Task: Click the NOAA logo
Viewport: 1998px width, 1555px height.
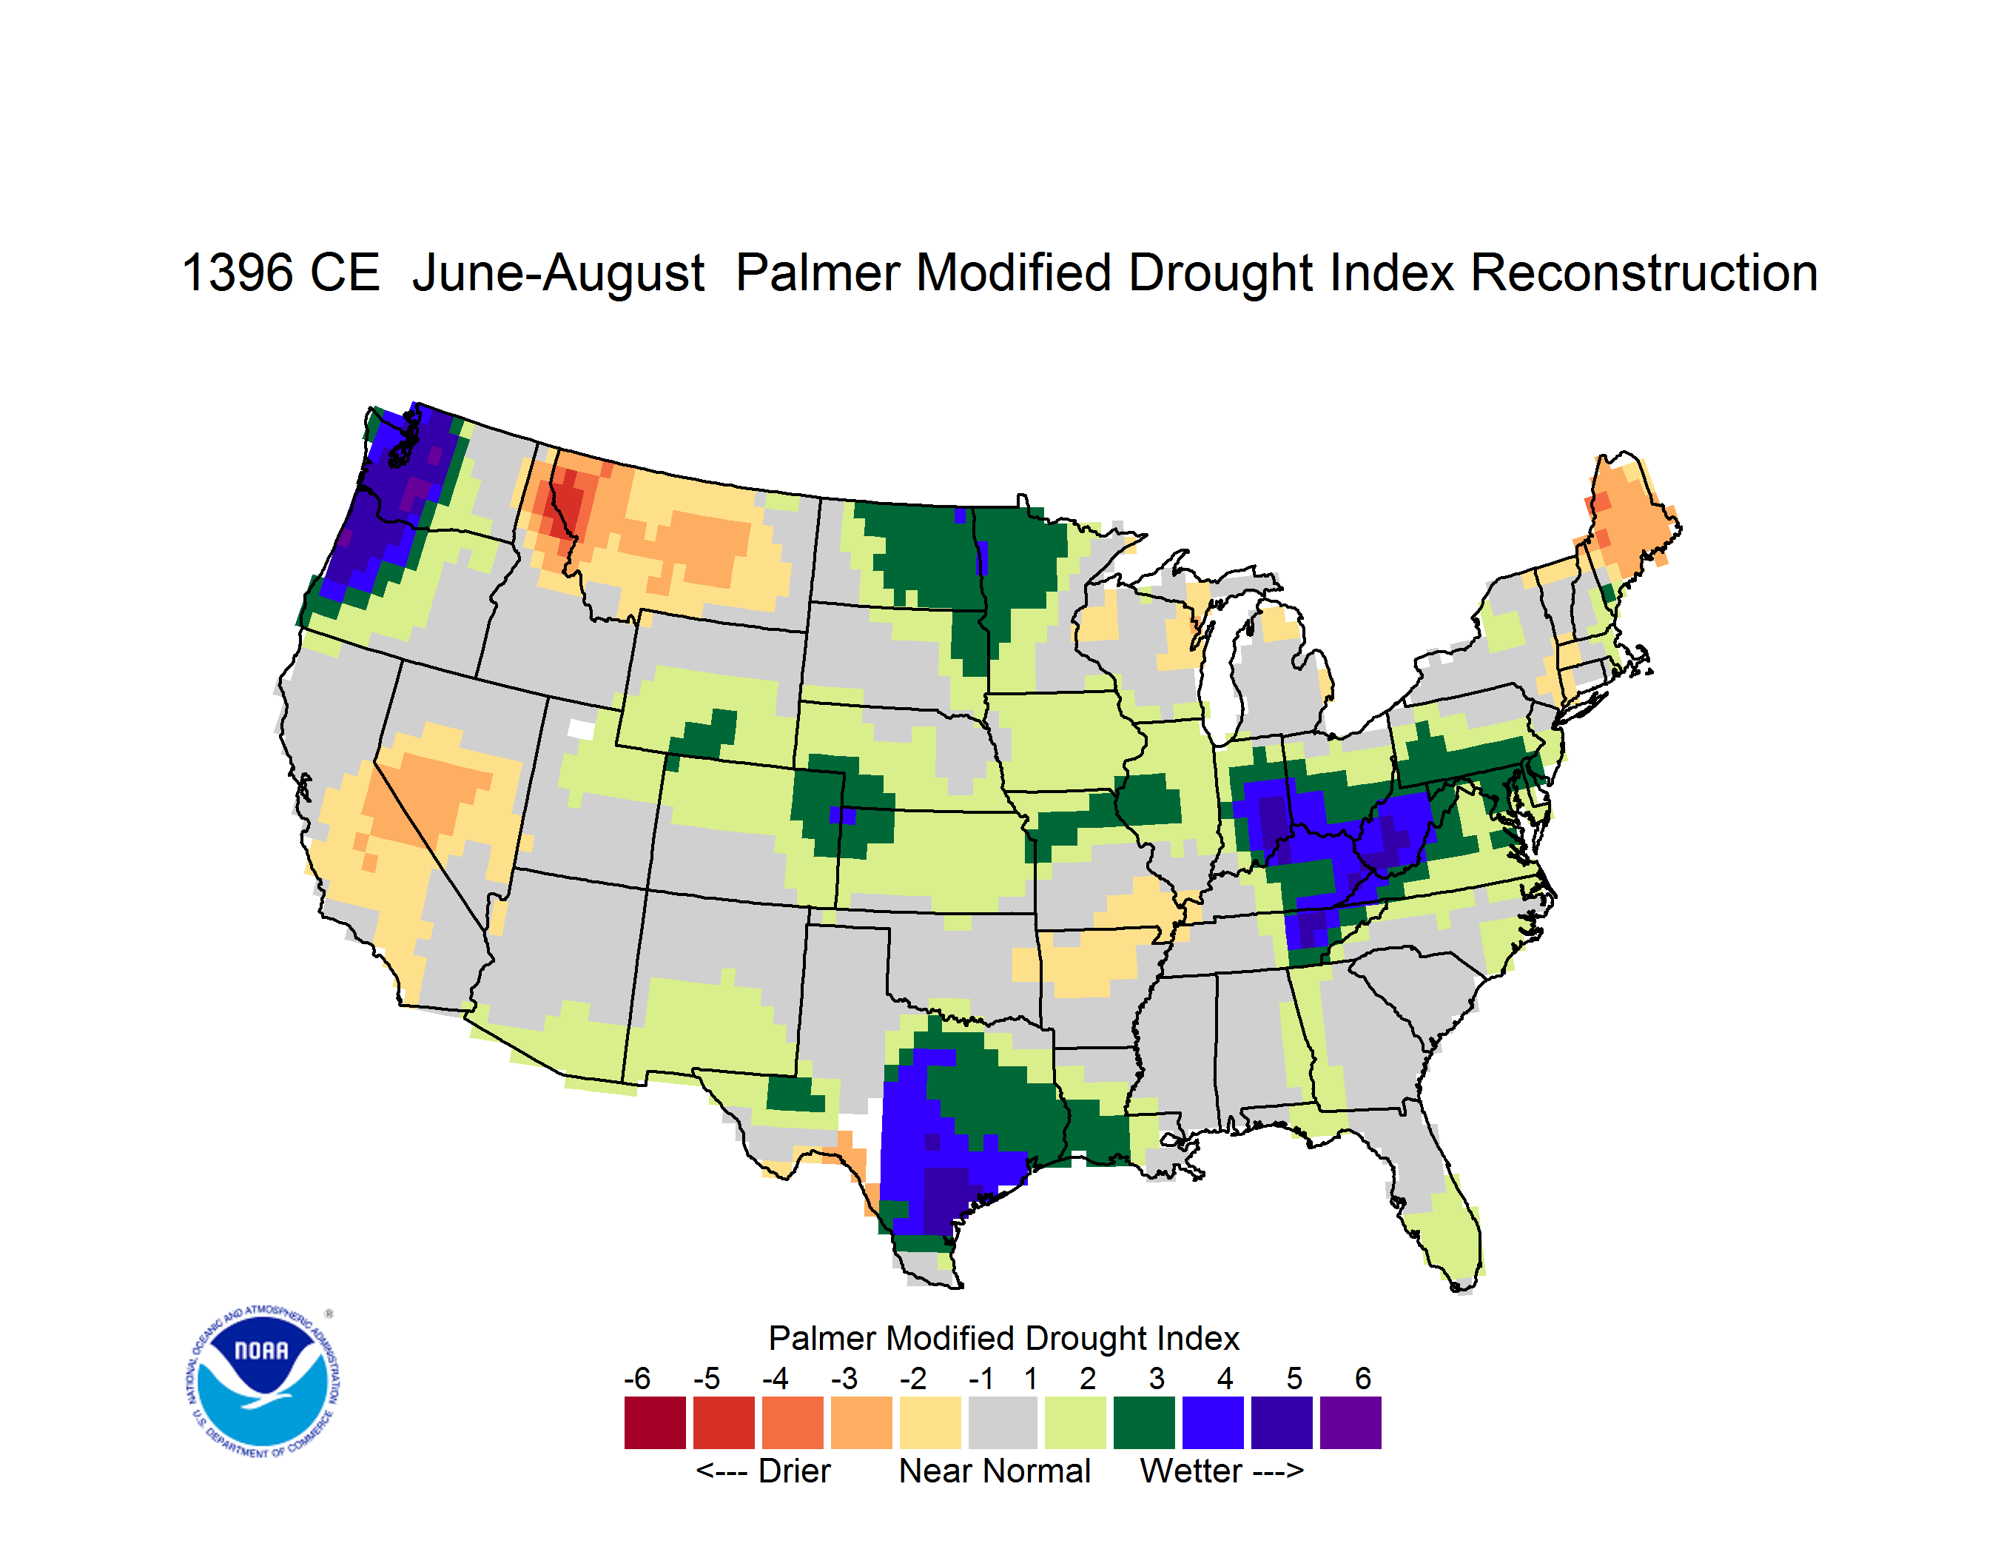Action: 263,1381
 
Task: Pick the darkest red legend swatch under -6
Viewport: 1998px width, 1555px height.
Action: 655,1422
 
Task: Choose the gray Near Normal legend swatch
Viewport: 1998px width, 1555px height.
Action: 1003,1422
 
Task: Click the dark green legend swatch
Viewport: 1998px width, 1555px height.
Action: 1143,1422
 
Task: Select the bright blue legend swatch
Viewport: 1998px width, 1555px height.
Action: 1213,1422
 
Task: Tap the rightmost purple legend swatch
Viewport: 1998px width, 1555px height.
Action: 1350,1422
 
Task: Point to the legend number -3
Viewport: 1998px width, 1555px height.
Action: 844,1378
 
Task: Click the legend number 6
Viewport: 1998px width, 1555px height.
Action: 1363,1378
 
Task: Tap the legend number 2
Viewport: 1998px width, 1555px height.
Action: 1088,1378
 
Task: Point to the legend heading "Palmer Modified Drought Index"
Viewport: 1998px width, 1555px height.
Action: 1003,1339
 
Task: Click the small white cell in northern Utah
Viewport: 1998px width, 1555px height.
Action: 581,729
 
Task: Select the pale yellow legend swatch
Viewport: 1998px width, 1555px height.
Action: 930,1422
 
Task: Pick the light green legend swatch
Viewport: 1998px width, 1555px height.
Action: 1075,1422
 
